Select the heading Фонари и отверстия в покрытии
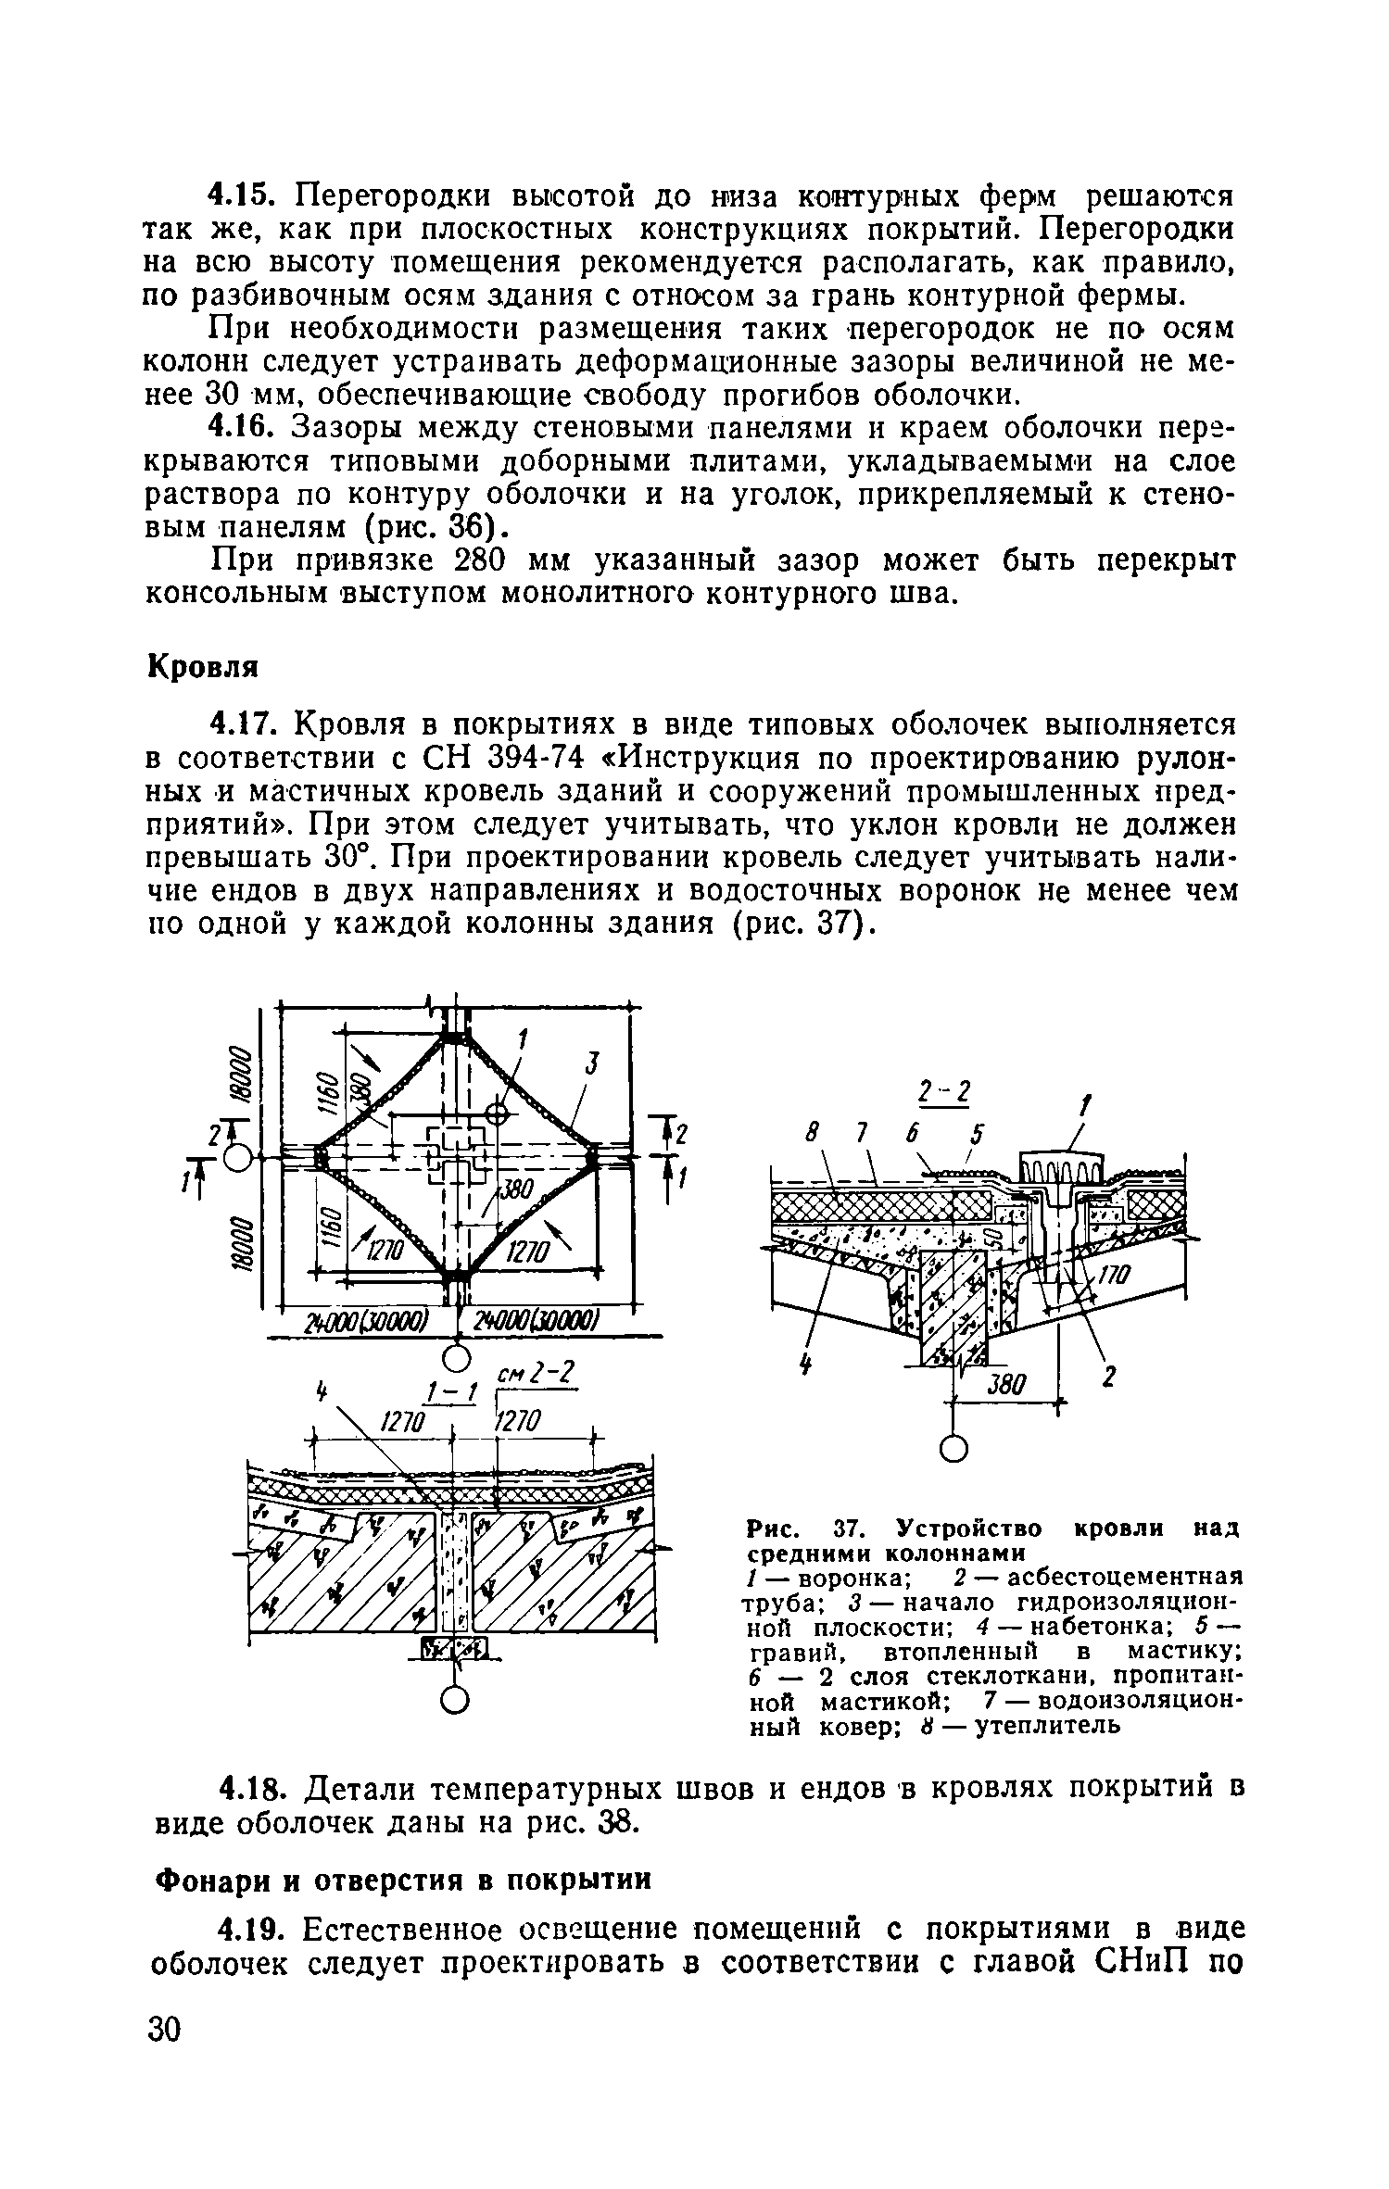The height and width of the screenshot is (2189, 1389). click(x=403, y=1880)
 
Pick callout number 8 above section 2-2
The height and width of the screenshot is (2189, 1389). click(x=813, y=1134)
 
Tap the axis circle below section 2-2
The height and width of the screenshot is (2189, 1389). click(x=953, y=1450)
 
